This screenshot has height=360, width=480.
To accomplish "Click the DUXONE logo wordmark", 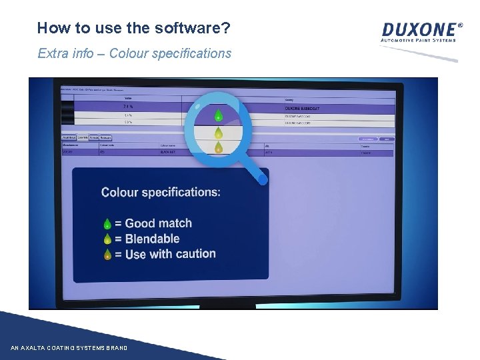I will click(x=421, y=29).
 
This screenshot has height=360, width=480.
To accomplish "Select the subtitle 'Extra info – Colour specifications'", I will click(x=135, y=53).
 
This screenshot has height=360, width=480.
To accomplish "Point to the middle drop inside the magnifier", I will click(x=218, y=132).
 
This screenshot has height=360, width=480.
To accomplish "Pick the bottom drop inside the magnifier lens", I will click(x=218, y=147).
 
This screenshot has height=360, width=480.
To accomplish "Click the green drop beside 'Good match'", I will click(x=107, y=224).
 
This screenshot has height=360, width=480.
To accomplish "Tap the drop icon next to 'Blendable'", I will click(x=107, y=239).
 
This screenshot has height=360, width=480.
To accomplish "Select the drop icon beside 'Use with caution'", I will click(x=107, y=255).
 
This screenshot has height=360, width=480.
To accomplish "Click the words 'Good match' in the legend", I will click(x=158, y=224).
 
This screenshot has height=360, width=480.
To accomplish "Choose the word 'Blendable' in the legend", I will click(x=152, y=239).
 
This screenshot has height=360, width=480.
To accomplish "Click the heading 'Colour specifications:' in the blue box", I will click(x=161, y=193).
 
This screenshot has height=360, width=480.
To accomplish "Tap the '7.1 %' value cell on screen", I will click(x=128, y=106).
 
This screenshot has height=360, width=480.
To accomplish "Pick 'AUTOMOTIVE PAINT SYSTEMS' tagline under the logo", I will click(x=418, y=41).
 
